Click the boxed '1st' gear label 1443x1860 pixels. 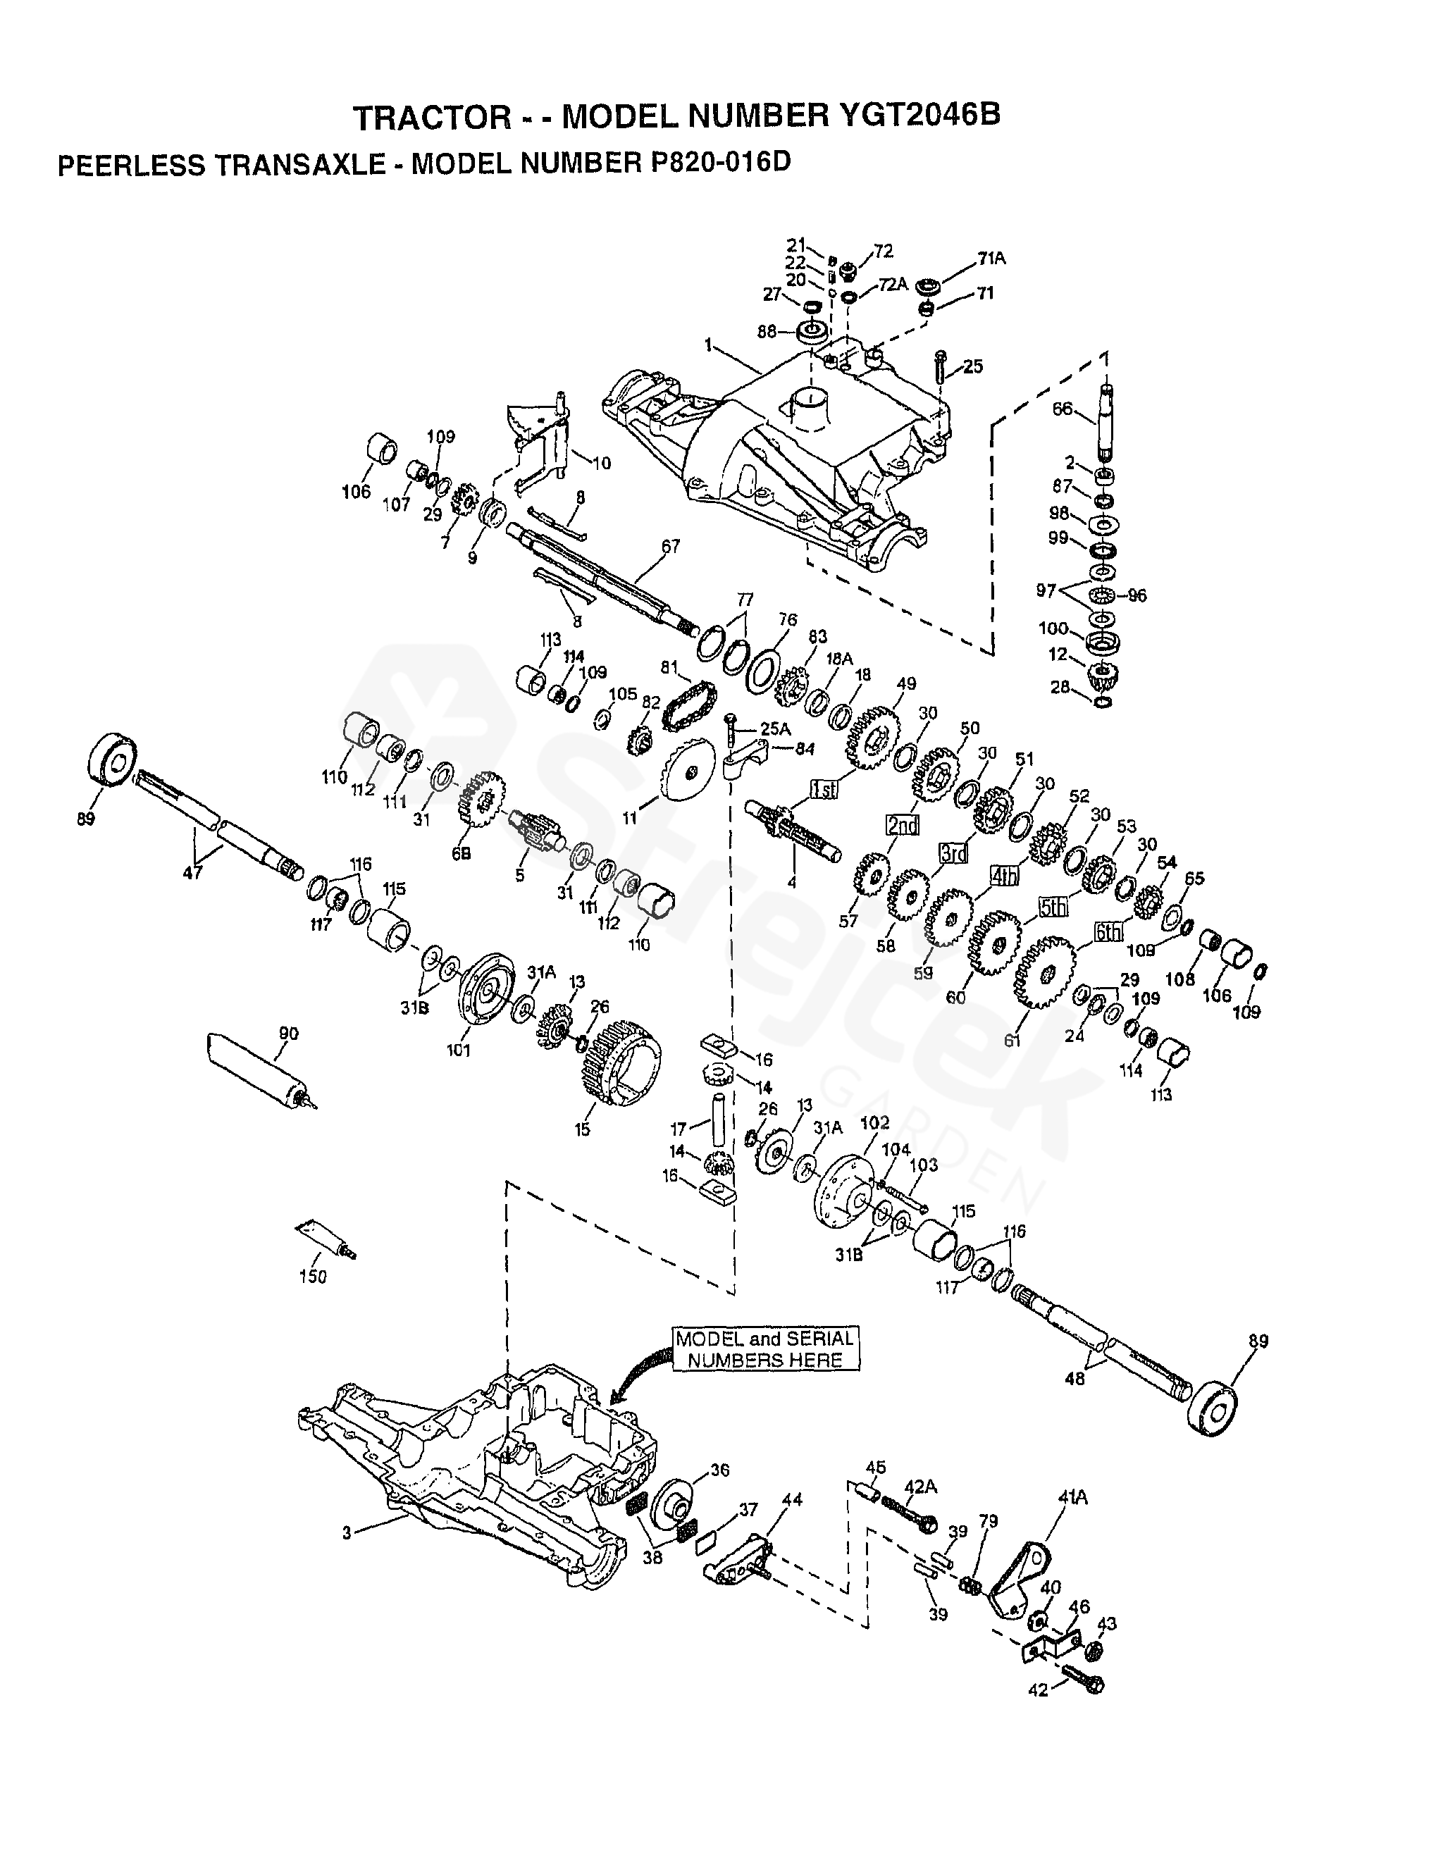point(824,790)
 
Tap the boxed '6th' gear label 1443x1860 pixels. point(1108,933)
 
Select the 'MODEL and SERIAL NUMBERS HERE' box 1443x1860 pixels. point(765,1349)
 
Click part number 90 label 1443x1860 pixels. point(289,1034)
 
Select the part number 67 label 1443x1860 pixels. point(671,546)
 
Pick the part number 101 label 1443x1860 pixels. point(458,1050)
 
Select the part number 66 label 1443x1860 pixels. point(1063,409)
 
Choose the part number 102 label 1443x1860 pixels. point(876,1122)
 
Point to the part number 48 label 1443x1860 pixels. point(1075,1402)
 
